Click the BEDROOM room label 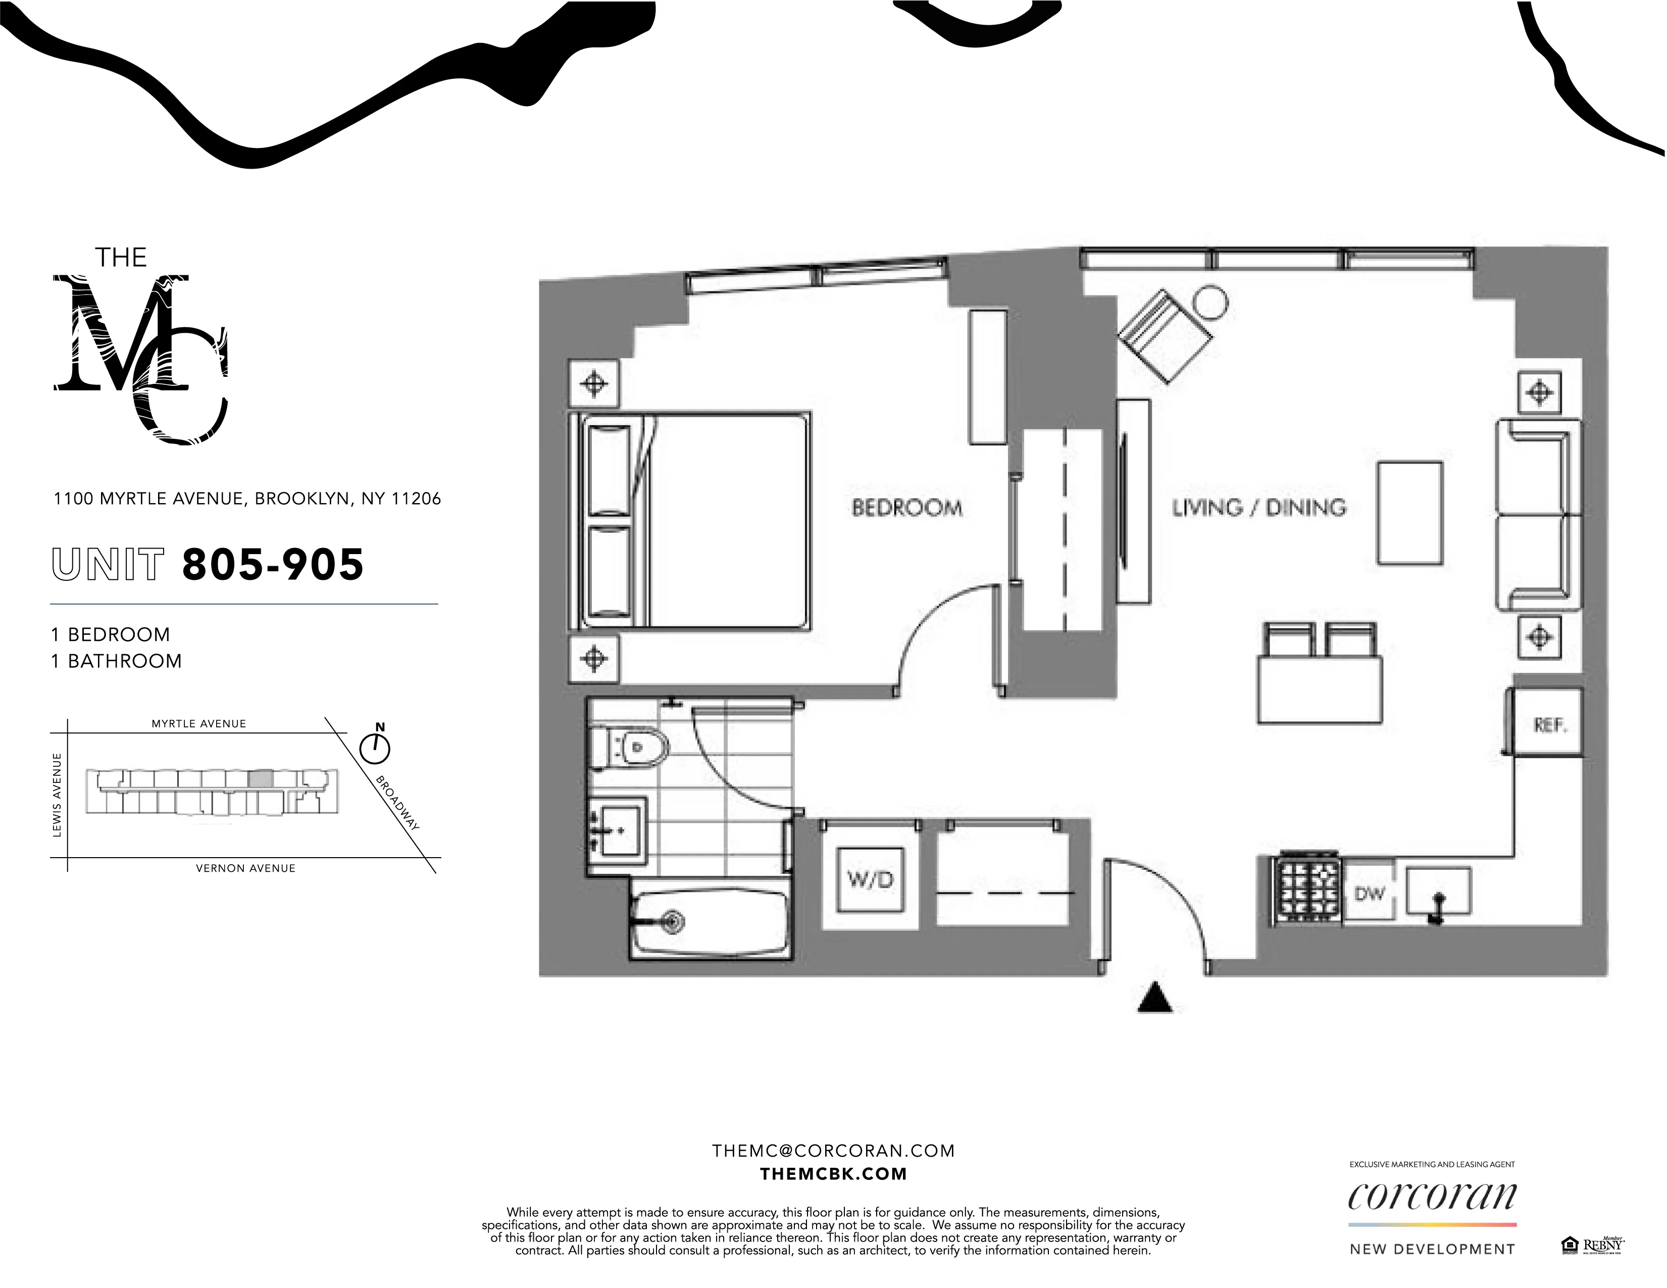click(x=907, y=508)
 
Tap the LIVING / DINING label click(x=1259, y=508)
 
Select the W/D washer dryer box click(x=870, y=879)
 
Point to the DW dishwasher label click(x=1370, y=894)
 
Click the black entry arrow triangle click(x=1155, y=999)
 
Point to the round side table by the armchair click(x=1210, y=303)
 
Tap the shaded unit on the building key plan click(x=261, y=779)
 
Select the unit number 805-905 click(x=273, y=565)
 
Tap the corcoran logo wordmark click(x=1432, y=1197)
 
